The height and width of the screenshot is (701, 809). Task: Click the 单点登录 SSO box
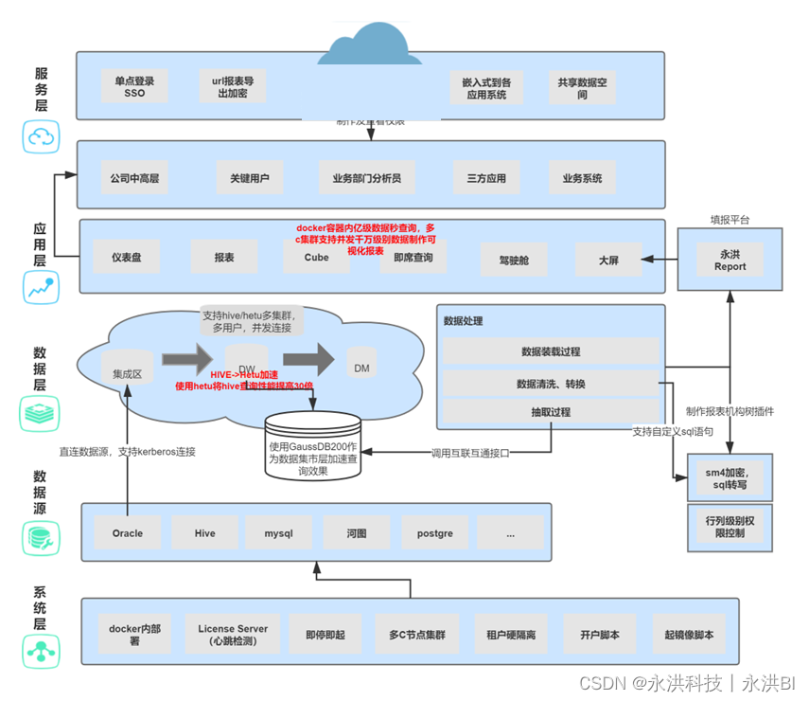(134, 87)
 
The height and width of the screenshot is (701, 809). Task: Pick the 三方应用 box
(487, 177)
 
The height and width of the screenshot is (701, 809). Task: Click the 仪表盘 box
(127, 257)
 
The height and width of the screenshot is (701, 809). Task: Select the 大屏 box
(608, 258)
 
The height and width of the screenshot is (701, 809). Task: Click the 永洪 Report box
(730, 260)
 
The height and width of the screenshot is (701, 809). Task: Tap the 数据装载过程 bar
(551, 351)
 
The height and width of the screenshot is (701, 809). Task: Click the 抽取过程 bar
(551, 411)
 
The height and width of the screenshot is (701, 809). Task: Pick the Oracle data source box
(128, 532)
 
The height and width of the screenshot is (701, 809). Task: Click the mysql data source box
(278, 532)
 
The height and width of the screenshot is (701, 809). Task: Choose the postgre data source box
(434, 532)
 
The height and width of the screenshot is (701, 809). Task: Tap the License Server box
(233, 635)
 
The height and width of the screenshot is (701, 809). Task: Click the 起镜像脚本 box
(689, 635)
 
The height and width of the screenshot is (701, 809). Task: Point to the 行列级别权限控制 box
(730, 527)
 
